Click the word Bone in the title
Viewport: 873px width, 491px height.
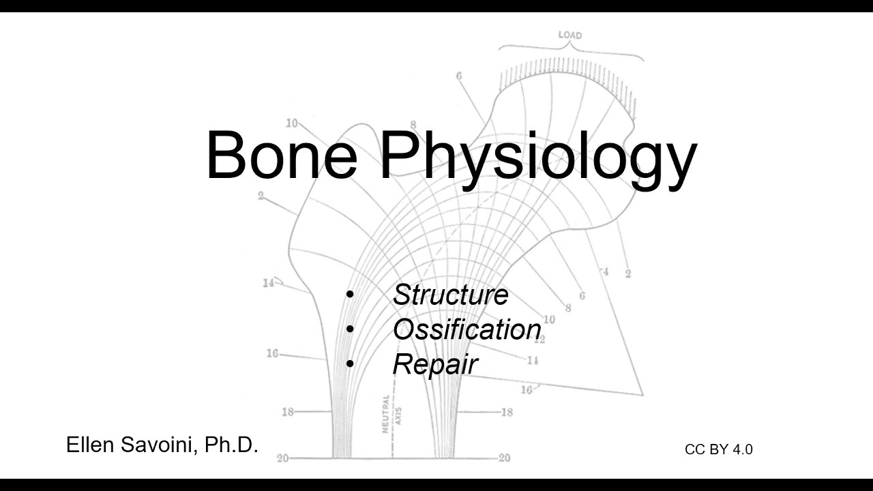coord(281,155)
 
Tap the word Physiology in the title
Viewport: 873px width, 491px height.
coord(539,157)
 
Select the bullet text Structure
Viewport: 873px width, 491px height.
coord(450,295)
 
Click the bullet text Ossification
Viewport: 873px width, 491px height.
coord(467,329)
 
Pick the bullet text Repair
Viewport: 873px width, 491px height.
coord(434,364)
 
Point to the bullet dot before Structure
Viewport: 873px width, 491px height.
coord(350,295)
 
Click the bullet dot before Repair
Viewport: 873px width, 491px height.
coord(350,364)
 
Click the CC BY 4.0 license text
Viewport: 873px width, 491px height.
coord(718,449)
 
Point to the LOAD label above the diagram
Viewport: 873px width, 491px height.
coord(570,35)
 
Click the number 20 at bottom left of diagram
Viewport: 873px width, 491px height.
coord(282,458)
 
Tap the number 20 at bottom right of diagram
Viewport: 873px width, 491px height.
coord(504,458)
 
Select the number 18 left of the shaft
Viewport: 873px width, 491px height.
coord(288,412)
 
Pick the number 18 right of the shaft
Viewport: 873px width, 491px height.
coord(507,412)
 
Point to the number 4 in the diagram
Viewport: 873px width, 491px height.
coord(604,273)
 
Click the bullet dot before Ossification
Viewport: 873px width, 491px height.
coord(350,329)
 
